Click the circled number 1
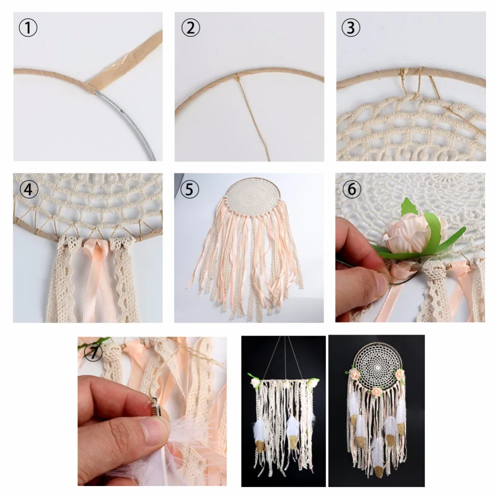pyautogui.click(x=28, y=28)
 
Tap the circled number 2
pyautogui.click(x=190, y=28)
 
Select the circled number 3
pyautogui.click(x=351, y=28)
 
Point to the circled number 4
pyautogui.click(x=28, y=190)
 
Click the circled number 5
pyautogui.click(x=190, y=190)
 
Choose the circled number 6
pyautogui.click(x=351, y=190)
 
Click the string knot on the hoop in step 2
pyautogui.click(x=237, y=76)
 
